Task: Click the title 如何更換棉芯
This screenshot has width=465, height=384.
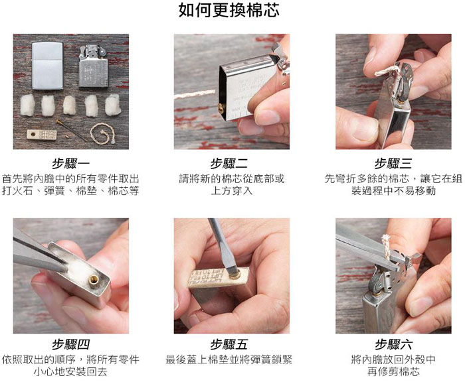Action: (x=229, y=10)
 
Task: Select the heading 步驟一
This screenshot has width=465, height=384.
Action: (x=70, y=163)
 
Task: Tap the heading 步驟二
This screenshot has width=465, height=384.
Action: (x=229, y=163)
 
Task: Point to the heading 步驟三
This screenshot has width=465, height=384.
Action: (x=393, y=163)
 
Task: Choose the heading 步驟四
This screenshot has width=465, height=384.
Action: (x=70, y=344)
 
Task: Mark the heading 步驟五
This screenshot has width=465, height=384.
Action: (x=229, y=344)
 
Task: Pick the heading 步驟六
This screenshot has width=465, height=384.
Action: (x=393, y=344)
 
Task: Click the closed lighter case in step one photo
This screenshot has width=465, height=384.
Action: (x=47, y=66)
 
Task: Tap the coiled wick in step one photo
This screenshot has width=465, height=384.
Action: (x=102, y=133)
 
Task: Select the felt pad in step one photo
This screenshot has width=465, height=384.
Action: (x=41, y=135)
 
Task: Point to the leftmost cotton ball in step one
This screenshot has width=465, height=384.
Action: (x=28, y=105)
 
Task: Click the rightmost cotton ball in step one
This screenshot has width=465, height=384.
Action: (x=113, y=105)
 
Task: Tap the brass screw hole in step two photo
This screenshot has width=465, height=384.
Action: (x=221, y=108)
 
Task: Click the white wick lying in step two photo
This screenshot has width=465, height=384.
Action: (x=194, y=95)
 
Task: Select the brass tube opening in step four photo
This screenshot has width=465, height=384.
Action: (x=94, y=279)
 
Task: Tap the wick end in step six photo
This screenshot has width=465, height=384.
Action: (x=386, y=237)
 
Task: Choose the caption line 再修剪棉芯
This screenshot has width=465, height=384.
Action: (x=393, y=371)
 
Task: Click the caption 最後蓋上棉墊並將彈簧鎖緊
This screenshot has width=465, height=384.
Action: (x=229, y=359)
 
